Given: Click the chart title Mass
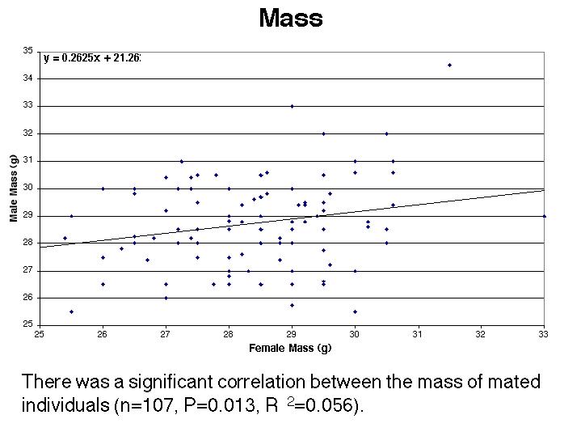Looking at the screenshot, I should tap(290, 19).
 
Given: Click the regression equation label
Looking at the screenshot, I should tap(92, 58).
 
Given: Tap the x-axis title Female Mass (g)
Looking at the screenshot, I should tap(291, 348).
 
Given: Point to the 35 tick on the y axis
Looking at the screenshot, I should tap(28, 50).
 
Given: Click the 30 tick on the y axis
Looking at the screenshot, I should tap(28, 188).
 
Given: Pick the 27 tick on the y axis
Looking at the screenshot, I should tap(28, 270).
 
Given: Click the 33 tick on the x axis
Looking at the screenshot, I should tap(544, 334).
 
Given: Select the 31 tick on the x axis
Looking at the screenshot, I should tap(418, 334).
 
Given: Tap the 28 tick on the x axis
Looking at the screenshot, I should tap(229, 334).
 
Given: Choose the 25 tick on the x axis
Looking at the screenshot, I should tap(40, 334).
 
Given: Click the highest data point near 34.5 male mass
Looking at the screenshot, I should tap(449, 65).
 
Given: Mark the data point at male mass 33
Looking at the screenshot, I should tap(292, 106).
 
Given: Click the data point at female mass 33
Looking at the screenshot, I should tap(544, 216).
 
